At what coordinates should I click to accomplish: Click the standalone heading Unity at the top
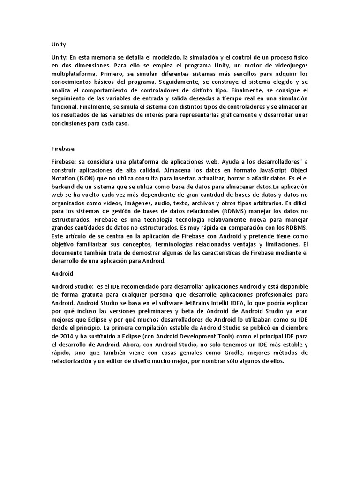(x=58, y=45)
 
